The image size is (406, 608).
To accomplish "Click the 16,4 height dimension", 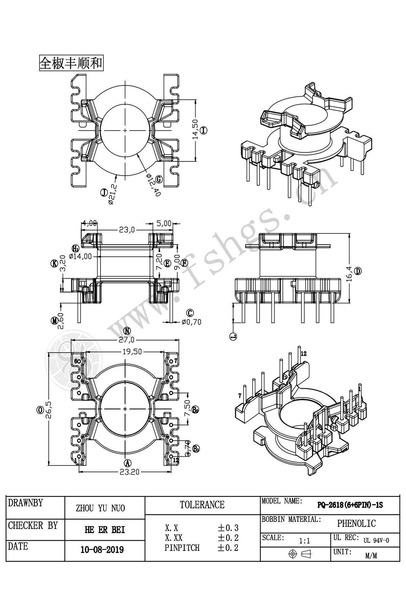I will [x=349, y=272].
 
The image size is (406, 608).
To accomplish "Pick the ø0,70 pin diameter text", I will [x=191, y=322].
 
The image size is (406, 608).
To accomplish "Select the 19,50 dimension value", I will [x=132, y=352].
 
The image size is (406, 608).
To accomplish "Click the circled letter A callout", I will [x=128, y=463].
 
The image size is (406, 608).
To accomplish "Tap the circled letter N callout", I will [x=127, y=330].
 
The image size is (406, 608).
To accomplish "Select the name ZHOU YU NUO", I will [x=100, y=508].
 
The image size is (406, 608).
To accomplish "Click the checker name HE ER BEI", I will [x=105, y=530].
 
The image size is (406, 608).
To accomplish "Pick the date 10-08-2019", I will [x=102, y=550].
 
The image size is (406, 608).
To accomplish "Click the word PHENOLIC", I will [x=356, y=523].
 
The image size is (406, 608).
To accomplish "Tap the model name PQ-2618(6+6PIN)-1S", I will [x=350, y=505].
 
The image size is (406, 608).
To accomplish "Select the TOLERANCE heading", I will [x=202, y=505].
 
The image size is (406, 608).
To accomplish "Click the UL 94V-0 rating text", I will [x=376, y=540].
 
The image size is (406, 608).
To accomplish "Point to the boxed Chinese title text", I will [x=71, y=63].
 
